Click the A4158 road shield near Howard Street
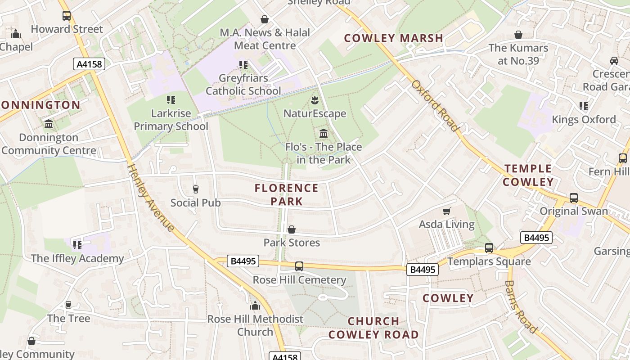point(89,64)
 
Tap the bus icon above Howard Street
point(67,16)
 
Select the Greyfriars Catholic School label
point(243,85)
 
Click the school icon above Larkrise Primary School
point(171,99)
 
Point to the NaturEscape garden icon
point(315,100)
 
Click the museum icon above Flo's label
point(323,133)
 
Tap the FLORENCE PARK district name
point(287,194)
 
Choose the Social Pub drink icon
point(195,189)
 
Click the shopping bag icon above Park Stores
point(292,229)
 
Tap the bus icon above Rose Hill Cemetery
point(299,266)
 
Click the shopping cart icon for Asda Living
point(447,211)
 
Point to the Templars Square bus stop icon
point(489,247)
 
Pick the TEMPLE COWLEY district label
point(528,175)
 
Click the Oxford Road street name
point(435,106)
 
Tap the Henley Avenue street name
point(150,198)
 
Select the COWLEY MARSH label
point(394,38)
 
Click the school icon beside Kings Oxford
point(584,106)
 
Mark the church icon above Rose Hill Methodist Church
point(255,306)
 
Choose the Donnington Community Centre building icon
point(49,124)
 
